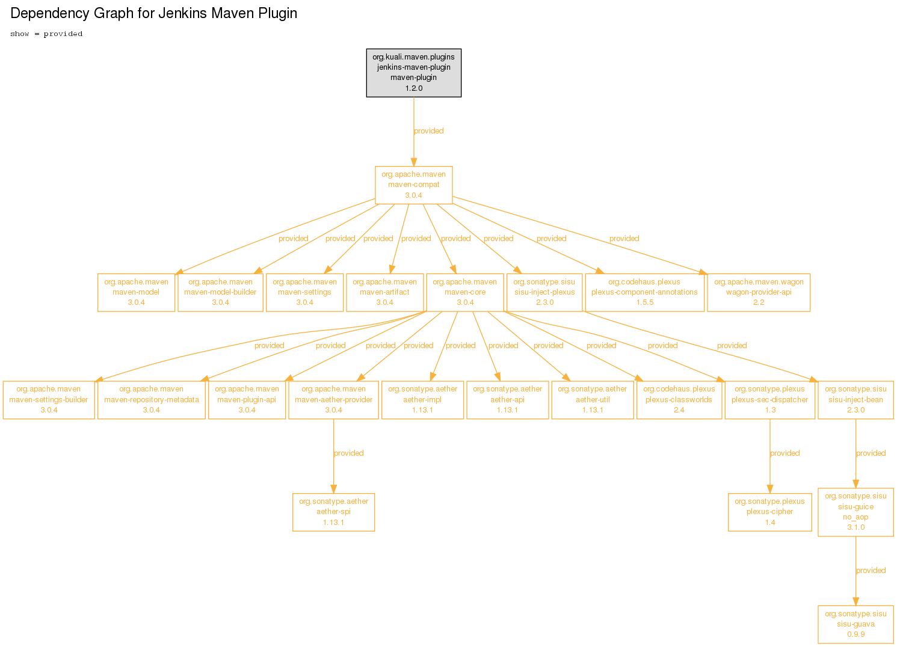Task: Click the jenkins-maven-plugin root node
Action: click(x=414, y=73)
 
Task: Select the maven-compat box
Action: click(x=414, y=185)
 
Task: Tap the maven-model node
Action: click(x=136, y=292)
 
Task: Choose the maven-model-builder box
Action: click(x=220, y=292)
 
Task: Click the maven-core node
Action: click(x=465, y=292)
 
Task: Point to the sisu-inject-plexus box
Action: click(x=544, y=292)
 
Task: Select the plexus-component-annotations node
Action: click(x=645, y=292)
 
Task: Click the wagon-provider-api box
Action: click(x=759, y=292)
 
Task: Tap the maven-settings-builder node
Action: click(x=49, y=400)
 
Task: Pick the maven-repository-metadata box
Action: click(x=152, y=400)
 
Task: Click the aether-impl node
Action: click(x=422, y=400)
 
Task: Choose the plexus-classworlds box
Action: click(x=679, y=400)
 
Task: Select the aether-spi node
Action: click(x=333, y=512)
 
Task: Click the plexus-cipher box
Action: click(x=770, y=512)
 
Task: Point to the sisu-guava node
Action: click(x=855, y=624)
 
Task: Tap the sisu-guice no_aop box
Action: click(x=855, y=512)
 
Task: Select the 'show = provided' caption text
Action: click(x=46, y=34)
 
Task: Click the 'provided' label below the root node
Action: click(x=428, y=131)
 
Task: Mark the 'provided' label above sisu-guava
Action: click(x=871, y=570)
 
